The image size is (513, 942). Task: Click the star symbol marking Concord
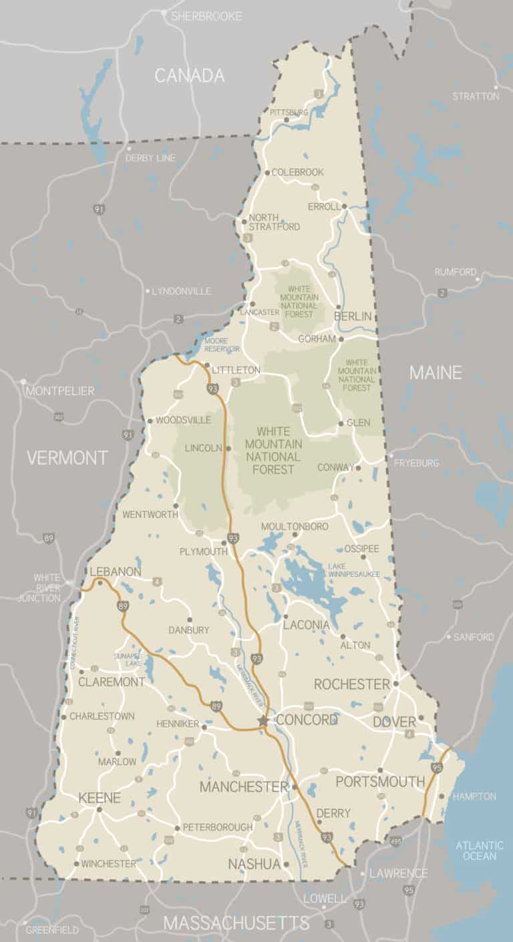[x=263, y=720]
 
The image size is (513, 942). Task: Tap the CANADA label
[x=190, y=75]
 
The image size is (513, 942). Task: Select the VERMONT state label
[x=67, y=457]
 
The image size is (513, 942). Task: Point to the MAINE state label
[x=436, y=373]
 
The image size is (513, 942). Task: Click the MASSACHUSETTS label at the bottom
[x=236, y=923]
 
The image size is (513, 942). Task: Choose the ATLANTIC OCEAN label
[x=480, y=851]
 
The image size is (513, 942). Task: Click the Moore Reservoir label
[x=221, y=344]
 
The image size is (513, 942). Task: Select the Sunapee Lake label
[x=128, y=660]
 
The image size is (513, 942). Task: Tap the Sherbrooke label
[x=206, y=16]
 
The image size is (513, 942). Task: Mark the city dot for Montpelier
[x=23, y=382]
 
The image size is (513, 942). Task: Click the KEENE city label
[x=100, y=798]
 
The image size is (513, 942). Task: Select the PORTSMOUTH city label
[x=380, y=781]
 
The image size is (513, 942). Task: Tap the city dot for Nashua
[x=286, y=864]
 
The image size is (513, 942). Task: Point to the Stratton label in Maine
[x=476, y=96]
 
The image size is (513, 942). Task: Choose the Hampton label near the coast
[x=474, y=796]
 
